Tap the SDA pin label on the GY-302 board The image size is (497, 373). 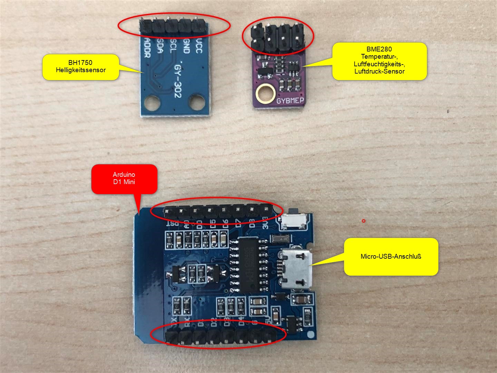pos(160,46)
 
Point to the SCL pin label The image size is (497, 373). pos(173,46)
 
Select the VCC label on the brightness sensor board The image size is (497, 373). pos(198,46)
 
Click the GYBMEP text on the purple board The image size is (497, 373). pos(290,101)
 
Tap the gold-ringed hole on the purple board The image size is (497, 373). pos(265,93)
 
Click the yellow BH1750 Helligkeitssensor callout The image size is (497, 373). pos(81,67)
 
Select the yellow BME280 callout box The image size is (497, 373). pos(379,61)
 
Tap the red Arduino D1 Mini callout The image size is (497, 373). pos(124,179)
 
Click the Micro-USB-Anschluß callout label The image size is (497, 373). pos(391,257)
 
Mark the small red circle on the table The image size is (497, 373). pos(363,221)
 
